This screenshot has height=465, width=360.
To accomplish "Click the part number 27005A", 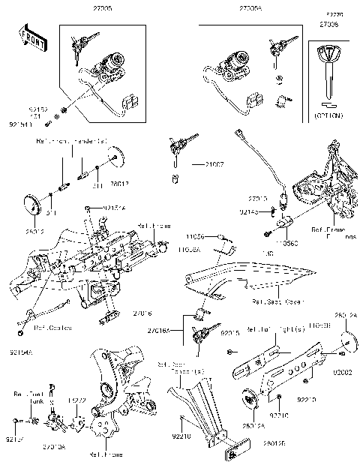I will pos(250,8).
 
